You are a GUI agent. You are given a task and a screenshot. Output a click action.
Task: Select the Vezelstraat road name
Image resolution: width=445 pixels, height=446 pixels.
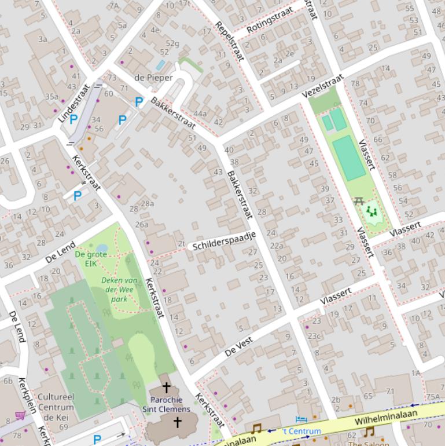tap(322, 86)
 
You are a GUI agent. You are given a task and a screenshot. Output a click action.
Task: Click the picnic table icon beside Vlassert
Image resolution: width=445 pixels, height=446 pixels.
tap(358, 201)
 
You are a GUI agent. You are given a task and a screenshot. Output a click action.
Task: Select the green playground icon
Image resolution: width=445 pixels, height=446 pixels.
tap(372, 212)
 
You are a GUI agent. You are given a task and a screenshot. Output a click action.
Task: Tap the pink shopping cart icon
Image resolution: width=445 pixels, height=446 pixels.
tap(20, 415)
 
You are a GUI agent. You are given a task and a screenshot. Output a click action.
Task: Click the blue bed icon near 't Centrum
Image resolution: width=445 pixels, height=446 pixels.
tap(300, 419)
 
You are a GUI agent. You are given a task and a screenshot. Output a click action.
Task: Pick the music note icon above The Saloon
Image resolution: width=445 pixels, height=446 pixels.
tap(369, 431)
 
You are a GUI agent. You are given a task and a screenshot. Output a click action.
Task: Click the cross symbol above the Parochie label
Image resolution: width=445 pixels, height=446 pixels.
tap(166, 387)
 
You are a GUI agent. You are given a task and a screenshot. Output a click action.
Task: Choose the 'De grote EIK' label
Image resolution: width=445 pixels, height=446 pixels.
tap(91, 258)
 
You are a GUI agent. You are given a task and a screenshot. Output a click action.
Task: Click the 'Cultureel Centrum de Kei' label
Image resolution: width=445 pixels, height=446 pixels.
tap(56, 407)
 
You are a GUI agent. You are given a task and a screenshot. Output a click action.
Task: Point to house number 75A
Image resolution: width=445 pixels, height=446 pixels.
tap(433, 397)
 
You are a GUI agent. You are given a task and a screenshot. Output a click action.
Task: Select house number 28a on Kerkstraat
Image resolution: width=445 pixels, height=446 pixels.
tap(147, 203)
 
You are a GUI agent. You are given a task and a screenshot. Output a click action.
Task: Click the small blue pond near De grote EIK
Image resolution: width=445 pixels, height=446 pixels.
tap(102, 248)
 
